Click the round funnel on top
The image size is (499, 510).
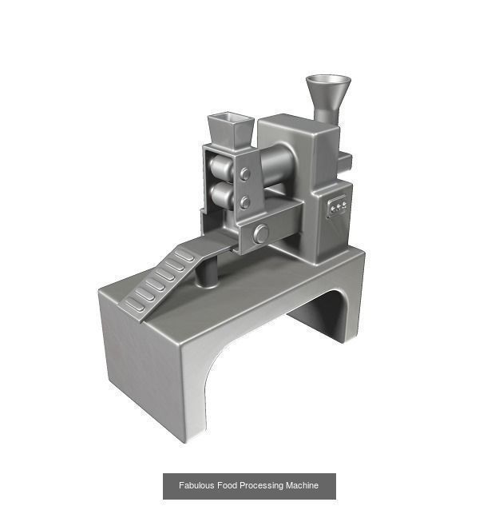[328, 87]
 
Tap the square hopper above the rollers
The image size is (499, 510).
[231, 129]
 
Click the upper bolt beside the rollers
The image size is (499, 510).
[245, 173]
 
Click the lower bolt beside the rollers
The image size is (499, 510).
[246, 202]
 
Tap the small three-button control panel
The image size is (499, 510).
[338, 207]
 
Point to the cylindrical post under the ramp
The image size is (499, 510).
[207, 273]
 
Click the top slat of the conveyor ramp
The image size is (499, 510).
[185, 255]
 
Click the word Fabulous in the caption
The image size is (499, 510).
[196, 485]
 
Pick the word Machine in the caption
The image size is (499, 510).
[303, 485]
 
